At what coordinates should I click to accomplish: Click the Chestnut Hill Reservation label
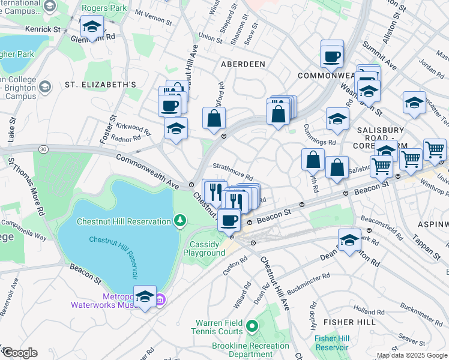click(123, 221)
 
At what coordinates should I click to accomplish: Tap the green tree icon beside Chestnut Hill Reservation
click(179, 221)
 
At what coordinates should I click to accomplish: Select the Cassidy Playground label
click(207, 248)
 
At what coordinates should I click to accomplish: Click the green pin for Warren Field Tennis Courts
click(252, 326)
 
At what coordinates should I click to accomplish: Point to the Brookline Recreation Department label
click(250, 350)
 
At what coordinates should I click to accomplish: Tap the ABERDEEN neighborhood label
click(243, 64)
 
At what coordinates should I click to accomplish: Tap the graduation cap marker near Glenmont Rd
click(92, 26)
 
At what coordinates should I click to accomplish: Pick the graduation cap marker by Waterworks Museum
click(144, 296)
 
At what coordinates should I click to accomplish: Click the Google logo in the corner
click(20, 353)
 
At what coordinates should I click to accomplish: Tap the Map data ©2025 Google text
click(412, 355)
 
